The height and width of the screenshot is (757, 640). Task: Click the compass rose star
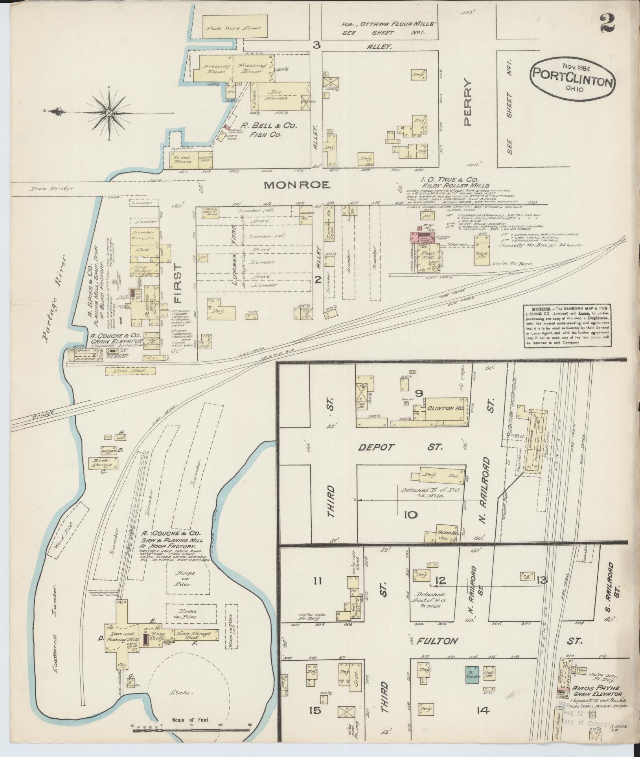coord(109,113)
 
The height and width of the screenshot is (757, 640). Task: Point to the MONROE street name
coord(297,185)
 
